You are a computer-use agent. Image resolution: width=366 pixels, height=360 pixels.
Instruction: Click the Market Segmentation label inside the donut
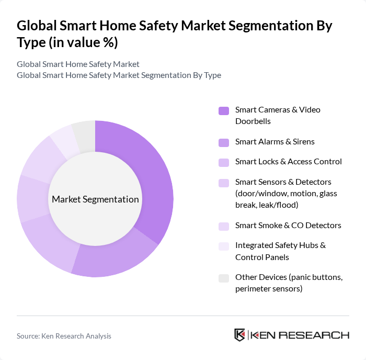click(95, 199)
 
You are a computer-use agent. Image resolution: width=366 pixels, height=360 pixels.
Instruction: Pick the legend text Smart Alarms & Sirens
click(274, 141)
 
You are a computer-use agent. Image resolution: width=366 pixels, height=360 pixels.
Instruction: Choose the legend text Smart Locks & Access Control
click(288, 161)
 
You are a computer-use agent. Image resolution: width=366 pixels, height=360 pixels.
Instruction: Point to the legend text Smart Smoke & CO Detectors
click(288, 225)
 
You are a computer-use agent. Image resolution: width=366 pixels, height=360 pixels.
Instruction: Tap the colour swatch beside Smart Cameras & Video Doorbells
click(224, 110)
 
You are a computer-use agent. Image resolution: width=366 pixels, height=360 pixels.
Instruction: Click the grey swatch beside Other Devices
click(224, 278)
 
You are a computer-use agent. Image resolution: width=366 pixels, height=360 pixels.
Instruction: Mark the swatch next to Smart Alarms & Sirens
click(224, 142)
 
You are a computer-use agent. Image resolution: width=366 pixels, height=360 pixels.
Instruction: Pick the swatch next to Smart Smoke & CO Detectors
click(224, 226)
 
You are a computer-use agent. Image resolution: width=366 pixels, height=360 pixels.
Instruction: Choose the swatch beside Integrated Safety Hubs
click(224, 246)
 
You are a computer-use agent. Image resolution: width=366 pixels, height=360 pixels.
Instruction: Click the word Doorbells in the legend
click(253, 121)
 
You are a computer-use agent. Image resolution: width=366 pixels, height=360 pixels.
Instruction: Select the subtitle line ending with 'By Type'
click(119, 75)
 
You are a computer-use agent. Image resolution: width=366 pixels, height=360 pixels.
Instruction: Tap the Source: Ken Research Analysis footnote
click(64, 336)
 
